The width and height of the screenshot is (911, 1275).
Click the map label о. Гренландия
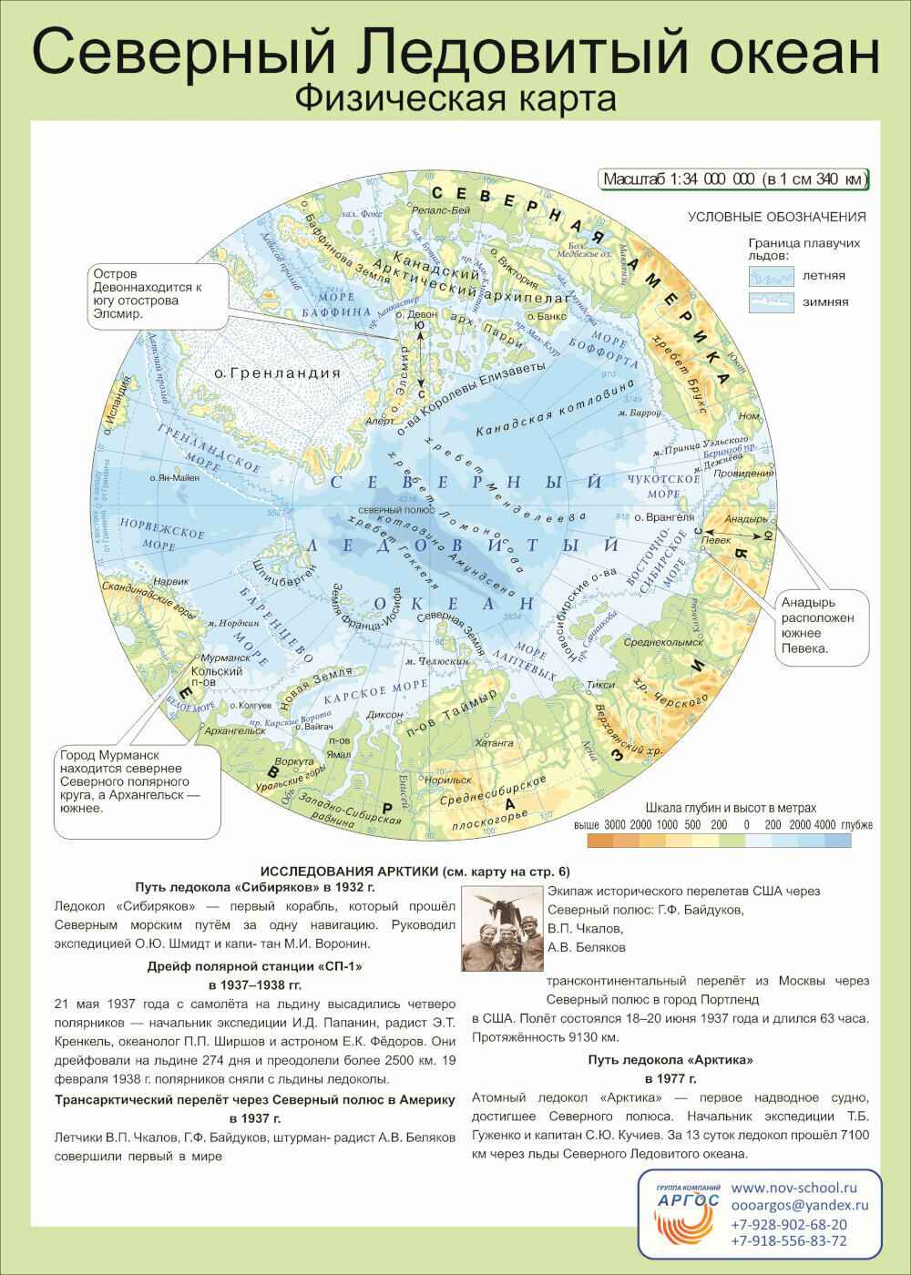[276, 372]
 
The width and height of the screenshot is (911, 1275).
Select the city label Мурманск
[224, 658]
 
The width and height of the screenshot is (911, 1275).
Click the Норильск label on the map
[447, 780]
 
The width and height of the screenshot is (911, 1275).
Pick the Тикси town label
[600, 685]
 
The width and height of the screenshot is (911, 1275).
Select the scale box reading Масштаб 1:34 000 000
[733, 179]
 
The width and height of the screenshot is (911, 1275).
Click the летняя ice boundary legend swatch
[771, 275]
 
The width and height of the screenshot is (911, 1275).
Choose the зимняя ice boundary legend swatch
[771, 301]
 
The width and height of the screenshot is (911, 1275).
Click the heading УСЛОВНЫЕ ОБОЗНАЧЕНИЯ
[776, 217]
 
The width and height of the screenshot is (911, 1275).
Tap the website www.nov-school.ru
[794, 1188]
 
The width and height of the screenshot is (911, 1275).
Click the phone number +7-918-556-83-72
[788, 1240]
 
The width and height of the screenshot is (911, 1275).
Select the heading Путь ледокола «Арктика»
[670, 1059]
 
